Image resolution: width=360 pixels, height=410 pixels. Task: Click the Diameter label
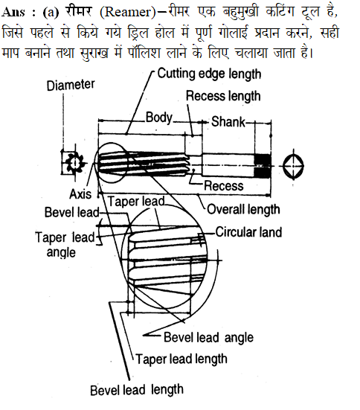(x=71, y=85)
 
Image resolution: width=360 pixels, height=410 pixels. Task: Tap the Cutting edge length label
(x=209, y=74)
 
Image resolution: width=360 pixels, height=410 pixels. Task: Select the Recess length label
(x=223, y=96)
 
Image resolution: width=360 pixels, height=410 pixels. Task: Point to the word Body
(x=159, y=118)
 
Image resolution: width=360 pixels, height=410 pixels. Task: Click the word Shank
(x=228, y=121)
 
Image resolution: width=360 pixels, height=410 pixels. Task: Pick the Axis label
(x=80, y=194)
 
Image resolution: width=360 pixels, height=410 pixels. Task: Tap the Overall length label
(x=243, y=209)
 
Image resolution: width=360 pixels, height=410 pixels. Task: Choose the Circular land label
(x=248, y=232)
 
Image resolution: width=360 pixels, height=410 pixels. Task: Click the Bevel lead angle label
(x=208, y=337)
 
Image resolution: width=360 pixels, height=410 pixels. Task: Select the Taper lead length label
(x=181, y=359)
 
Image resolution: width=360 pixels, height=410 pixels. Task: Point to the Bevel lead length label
(x=137, y=390)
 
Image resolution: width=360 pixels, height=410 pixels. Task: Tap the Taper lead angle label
(x=65, y=245)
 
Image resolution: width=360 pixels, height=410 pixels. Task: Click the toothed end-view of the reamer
(x=74, y=163)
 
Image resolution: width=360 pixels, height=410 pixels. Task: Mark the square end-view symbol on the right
(x=293, y=165)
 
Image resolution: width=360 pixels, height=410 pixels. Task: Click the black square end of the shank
(x=263, y=166)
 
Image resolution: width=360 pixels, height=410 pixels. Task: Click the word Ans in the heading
(x=13, y=12)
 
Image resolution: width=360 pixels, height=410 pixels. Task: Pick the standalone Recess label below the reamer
(x=224, y=186)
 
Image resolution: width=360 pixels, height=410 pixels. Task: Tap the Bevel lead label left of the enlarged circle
(x=71, y=212)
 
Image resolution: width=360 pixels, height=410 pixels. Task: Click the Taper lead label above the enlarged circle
(x=136, y=202)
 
